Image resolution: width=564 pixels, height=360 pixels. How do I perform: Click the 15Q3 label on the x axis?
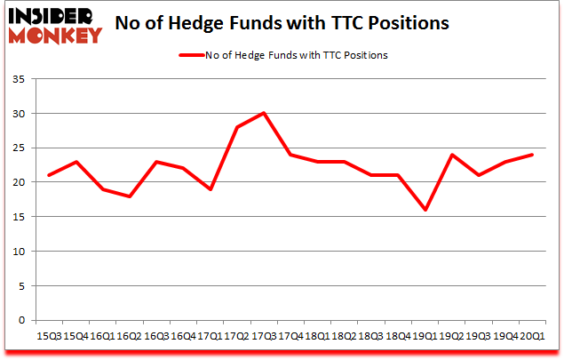[48, 337]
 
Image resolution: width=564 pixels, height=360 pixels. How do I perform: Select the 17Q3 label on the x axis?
[264, 337]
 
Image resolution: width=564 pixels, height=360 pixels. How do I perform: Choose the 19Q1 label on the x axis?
[425, 337]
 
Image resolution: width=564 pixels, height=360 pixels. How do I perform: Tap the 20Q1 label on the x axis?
[533, 337]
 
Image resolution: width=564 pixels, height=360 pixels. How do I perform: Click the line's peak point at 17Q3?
[264, 114]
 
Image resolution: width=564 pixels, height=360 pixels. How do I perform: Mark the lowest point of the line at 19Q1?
[425, 210]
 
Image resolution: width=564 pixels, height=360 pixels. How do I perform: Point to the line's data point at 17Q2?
[237, 127]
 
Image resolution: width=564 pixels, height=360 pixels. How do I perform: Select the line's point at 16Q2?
[129, 196]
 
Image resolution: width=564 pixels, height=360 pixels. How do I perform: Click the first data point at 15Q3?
[48, 175]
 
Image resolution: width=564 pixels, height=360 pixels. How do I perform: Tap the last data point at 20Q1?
[533, 155]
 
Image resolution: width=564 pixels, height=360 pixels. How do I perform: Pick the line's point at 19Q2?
[452, 155]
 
